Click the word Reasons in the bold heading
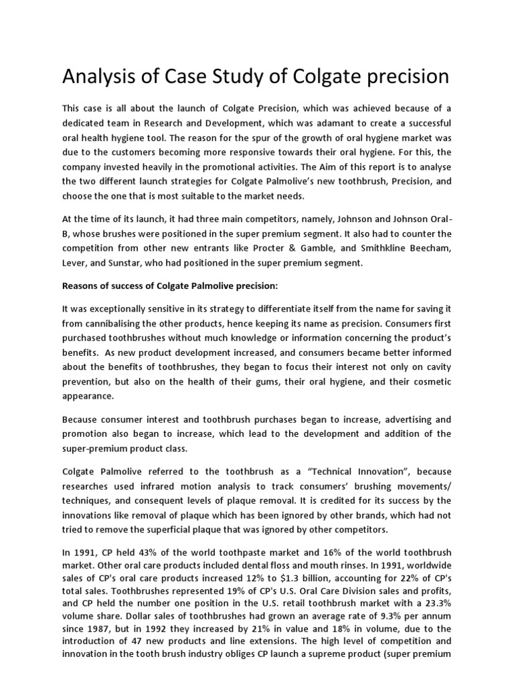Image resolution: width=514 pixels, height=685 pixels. click(x=82, y=286)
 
